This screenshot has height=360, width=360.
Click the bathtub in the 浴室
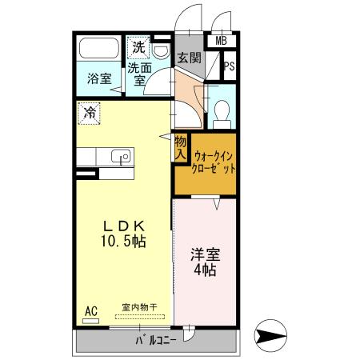tap(99, 48)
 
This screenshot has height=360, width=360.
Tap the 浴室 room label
tap(99, 78)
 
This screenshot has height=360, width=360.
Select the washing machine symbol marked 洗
tap(138, 47)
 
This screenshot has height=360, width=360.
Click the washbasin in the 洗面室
tap(162, 51)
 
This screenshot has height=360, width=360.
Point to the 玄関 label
tap(190, 58)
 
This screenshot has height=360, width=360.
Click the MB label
tap(222, 41)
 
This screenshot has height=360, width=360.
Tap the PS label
tap(230, 66)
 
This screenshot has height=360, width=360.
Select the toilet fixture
tap(222, 114)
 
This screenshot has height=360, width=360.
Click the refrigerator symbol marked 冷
tap(89, 114)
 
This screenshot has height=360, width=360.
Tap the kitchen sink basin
tap(121, 156)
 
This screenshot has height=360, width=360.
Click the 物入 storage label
tap(181, 147)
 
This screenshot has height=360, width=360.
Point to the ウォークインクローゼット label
tap(214, 162)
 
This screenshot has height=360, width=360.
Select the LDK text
tap(124, 226)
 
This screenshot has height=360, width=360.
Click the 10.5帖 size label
tap(123, 242)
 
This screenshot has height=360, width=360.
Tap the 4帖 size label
tap(205, 270)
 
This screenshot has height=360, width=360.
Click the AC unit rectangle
tap(90, 321)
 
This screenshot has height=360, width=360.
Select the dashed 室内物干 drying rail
tap(140, 317)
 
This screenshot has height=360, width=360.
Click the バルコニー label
tap(156, 341)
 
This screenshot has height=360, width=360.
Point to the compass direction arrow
tap(270, 335)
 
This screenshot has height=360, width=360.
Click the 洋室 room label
tap(205, 254)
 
